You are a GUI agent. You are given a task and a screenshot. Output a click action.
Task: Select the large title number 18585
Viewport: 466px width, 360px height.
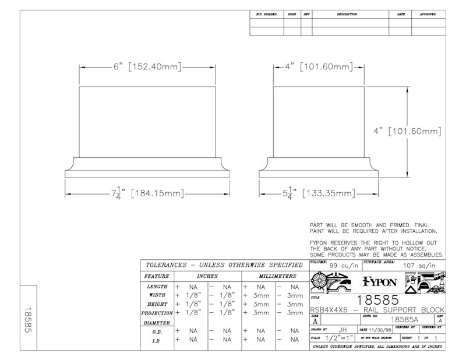377,300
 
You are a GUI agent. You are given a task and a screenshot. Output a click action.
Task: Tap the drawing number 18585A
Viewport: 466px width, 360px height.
404,320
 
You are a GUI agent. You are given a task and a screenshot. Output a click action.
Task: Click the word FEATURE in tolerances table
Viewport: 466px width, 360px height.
157,276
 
